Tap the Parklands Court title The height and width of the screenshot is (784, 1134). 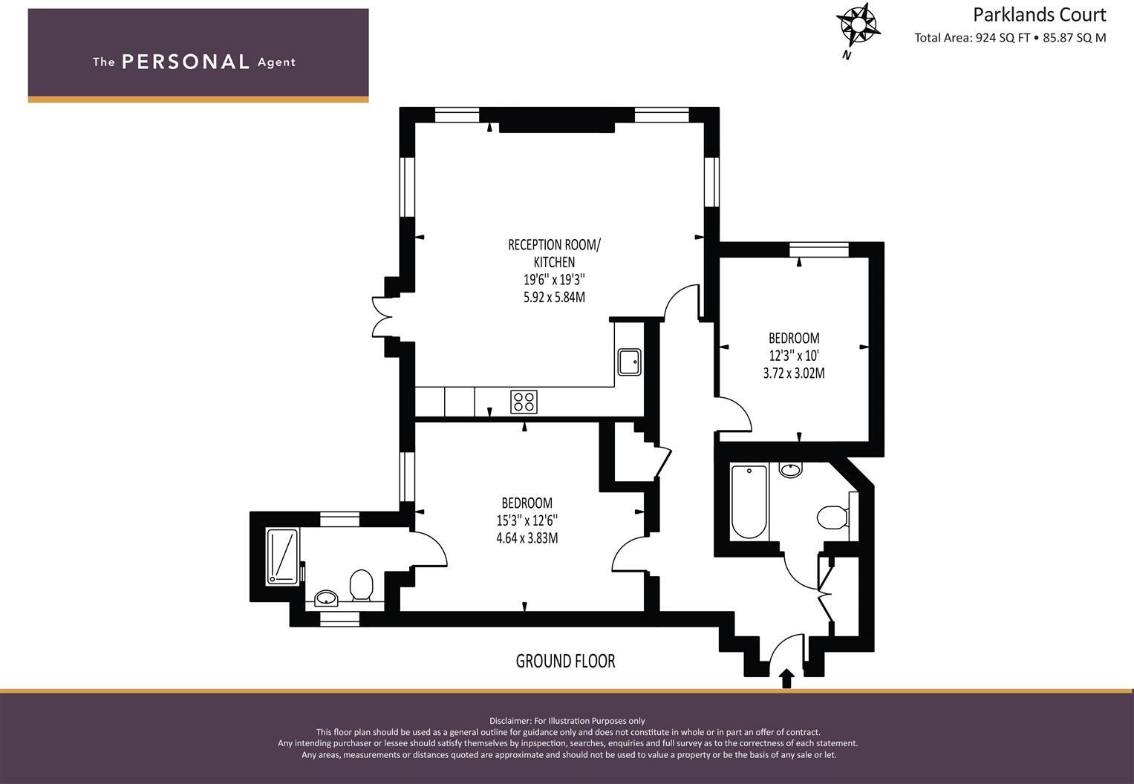1040,15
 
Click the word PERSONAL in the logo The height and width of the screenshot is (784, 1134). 186,62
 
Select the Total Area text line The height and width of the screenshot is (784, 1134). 1010,38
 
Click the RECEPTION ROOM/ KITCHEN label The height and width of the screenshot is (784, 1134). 554,253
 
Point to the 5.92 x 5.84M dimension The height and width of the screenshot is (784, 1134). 554,296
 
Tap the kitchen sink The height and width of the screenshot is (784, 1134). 629,362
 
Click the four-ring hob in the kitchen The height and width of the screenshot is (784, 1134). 524,402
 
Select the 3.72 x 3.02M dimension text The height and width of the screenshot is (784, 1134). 794,373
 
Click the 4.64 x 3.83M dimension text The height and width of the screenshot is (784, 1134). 527,538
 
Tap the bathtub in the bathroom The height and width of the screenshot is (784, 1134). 749,502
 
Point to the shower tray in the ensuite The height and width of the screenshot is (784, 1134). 282,557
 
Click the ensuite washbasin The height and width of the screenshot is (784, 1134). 326,598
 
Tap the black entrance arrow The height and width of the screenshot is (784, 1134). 786,679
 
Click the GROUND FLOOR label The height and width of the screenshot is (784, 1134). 565,661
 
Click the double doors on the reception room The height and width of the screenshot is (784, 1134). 382,317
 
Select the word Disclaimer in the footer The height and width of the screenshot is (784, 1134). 510,721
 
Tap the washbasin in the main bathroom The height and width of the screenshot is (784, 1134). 791,470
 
